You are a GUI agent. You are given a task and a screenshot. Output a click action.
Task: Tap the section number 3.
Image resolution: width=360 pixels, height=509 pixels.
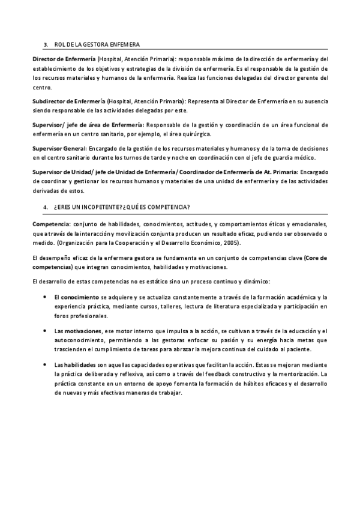pos(46,44)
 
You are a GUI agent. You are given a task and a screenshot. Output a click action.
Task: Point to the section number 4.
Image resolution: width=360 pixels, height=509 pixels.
pos(46,207)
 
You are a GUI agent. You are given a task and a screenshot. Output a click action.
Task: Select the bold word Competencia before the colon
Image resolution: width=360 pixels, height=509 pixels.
pos(50,223)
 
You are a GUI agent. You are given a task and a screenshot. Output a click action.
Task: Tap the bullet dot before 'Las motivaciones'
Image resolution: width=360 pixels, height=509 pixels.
pos(46,331)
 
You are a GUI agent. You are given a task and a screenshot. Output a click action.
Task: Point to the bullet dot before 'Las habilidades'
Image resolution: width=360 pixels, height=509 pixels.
pos(46,365)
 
